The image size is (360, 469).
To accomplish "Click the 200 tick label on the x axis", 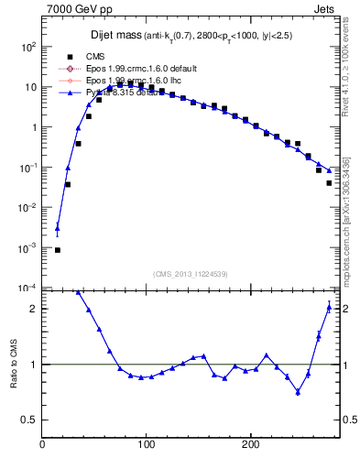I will [249, 445].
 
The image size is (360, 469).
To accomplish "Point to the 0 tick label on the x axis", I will [42, 445].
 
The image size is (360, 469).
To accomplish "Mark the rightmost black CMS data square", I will [329, 183].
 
